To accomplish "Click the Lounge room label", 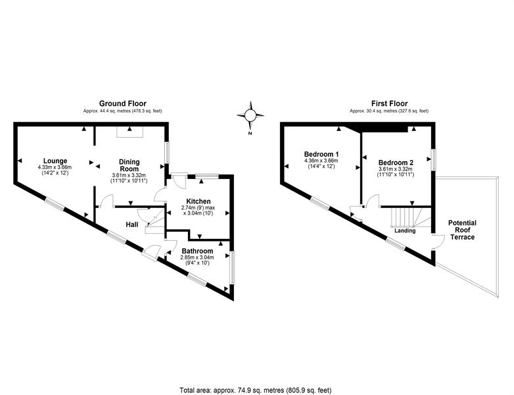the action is (x=55, y=161).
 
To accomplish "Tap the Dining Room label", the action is (x=129, y=165).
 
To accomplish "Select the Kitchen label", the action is (x=199, y=201).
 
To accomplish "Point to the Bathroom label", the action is (x=197, y=251).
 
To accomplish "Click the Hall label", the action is (x=131, y=224).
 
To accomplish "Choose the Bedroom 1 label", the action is (x=321, y=154).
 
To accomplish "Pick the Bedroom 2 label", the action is (x=396, y=163).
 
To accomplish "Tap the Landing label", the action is (x=405, y=230).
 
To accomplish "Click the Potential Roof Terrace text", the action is (x=462, y=230).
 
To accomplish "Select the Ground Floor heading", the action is (x=123, y=104).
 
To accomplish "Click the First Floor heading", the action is (x=389, y=104).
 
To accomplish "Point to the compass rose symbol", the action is (x=250, y=115).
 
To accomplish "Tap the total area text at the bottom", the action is (x=256, y=390).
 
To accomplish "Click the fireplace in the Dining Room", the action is (x=129, y=132).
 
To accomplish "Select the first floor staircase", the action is (x=411, y=217).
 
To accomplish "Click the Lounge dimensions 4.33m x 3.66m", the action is (x=55, y=167).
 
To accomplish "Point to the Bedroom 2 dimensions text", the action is (x=396, y=172).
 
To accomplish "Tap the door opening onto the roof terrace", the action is (x=438, y=242).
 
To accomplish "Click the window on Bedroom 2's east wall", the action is (x=434, y=160).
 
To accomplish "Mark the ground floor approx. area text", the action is (x=123, y=111).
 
